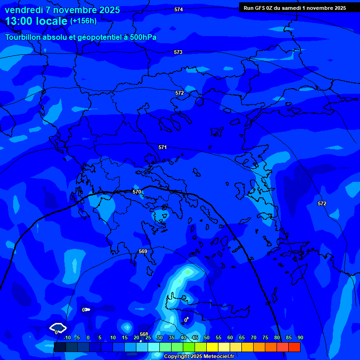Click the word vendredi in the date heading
click(x=24, y=10)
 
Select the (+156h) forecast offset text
click(x=83, y=21)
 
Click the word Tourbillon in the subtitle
click(x=23, y=37)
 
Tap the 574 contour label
click(x=179, y=9)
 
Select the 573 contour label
click(x=178, y=52)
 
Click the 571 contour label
click(x=163, y=147)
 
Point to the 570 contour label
click(x=137, y=192)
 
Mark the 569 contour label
click(x=143, y=251)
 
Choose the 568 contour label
click(x=144, y=334)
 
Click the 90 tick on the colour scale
click(x=300, y=337)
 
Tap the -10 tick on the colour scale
click(x=67, y=337)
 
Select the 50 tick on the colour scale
click(x=207, y=337)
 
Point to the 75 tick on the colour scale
click(x=265, y=337)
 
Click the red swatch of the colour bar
click(x=294, y=347)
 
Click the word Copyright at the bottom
click(x=177, y=357)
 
